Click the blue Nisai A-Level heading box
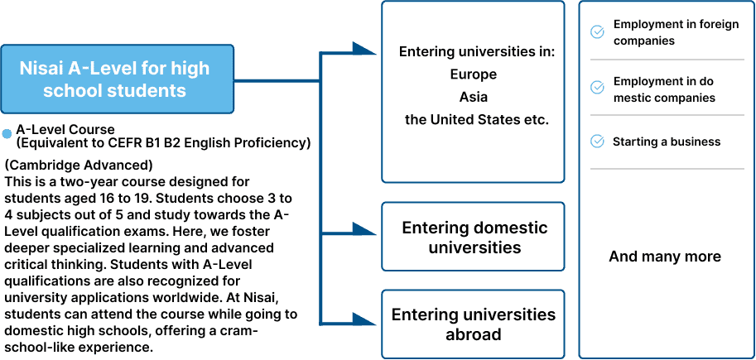tap(113, 79)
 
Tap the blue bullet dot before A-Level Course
tap(7, 133)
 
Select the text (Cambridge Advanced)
tap(79, 165)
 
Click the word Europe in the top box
tap(474, 74)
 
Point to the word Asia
tap(474, 97)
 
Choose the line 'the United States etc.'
tap(476, 120)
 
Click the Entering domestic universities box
tap(474, 237)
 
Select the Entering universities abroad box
tap(474, 324)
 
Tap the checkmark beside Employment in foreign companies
tap(596, 32)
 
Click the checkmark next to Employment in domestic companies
tap(596, 87)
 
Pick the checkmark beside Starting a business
tap(596, 142)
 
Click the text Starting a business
tap(667, 142)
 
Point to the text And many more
tap(665, 257)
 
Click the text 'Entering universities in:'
tap(476, 51)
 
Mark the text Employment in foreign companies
tap(676, 32)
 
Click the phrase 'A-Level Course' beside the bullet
tap(65, 130)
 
